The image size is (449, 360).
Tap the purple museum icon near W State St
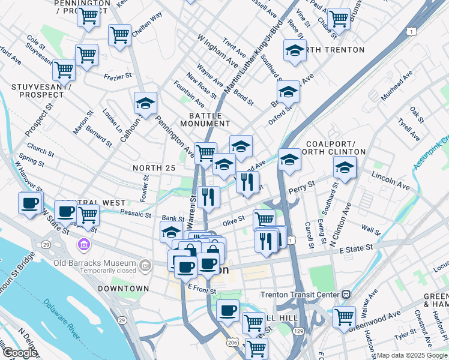pyautogui.click(x=83, y=245)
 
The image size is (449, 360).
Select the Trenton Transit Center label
pyautogui.click(x=300, y=294)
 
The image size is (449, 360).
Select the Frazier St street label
pyautogui.click(x=118, y=77)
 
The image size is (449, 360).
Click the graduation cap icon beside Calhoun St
pyautogui.click(x=145, y=103)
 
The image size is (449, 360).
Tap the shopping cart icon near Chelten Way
pyautogui.click(x=119, y=34)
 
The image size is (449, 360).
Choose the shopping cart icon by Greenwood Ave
pyautogui.click(x=344, y=316)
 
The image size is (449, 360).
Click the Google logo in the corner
pyautogui.click(x=20, y=352)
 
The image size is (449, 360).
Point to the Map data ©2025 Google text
pyautogui.click(x=411, y=355)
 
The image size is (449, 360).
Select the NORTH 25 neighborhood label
pyautogui.click(x=154, y=169)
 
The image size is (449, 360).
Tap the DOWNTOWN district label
pyautogui.click(x=124, y=289)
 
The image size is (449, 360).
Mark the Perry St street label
pyautogui.click(x=301, y=186)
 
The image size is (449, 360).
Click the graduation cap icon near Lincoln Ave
pyautogui.click(x=345, y=168)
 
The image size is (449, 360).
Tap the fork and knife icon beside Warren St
pyautogui.click(x=208, y=196)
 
